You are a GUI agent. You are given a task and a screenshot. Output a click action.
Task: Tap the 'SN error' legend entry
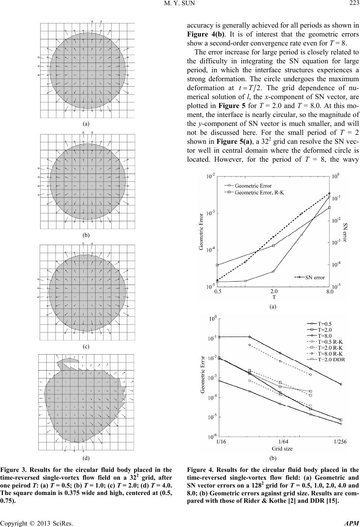(x=315, y=277)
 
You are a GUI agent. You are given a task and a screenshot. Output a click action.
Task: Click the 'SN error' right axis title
(x=345, y=232)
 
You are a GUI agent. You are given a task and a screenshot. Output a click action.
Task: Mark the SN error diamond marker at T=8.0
(x=329, y=193)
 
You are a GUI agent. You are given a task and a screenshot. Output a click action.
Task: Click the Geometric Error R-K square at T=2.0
(x=273, y=246)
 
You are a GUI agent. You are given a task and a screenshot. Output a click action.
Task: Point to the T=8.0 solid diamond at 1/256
(x=341, y=384)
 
